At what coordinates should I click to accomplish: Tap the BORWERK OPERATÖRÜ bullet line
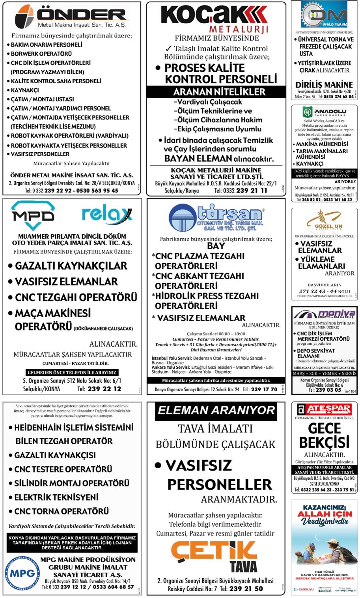[41, 54]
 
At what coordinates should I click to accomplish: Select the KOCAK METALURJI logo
[215, 19]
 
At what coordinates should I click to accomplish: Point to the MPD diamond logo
[33, 215]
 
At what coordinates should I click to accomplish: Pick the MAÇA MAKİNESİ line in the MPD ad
[53, 314]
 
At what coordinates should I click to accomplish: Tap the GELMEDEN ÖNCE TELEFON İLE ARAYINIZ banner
[72, 372]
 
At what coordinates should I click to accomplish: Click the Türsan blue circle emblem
[182, 217]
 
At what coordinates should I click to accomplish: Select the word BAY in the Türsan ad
[216, 246]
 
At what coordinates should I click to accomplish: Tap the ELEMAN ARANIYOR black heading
[216, 410]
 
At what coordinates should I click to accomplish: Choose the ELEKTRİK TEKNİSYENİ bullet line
[56, 497]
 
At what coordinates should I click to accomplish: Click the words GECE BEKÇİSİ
[324, 435]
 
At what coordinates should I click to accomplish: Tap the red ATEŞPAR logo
[324, 409]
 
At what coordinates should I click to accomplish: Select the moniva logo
[324, 314]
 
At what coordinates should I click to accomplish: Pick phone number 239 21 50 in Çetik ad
[247, 589]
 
